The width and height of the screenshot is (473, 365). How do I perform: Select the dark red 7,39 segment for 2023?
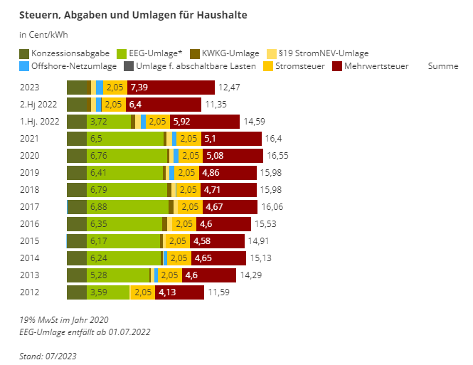(171, 88)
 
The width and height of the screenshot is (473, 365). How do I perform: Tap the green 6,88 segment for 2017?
(128, 206)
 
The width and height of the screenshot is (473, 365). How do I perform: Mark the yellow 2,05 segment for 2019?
(186, 173)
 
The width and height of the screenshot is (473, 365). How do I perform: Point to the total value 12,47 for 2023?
(230, 88)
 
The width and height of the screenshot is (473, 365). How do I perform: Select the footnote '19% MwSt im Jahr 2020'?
(64, 319)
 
